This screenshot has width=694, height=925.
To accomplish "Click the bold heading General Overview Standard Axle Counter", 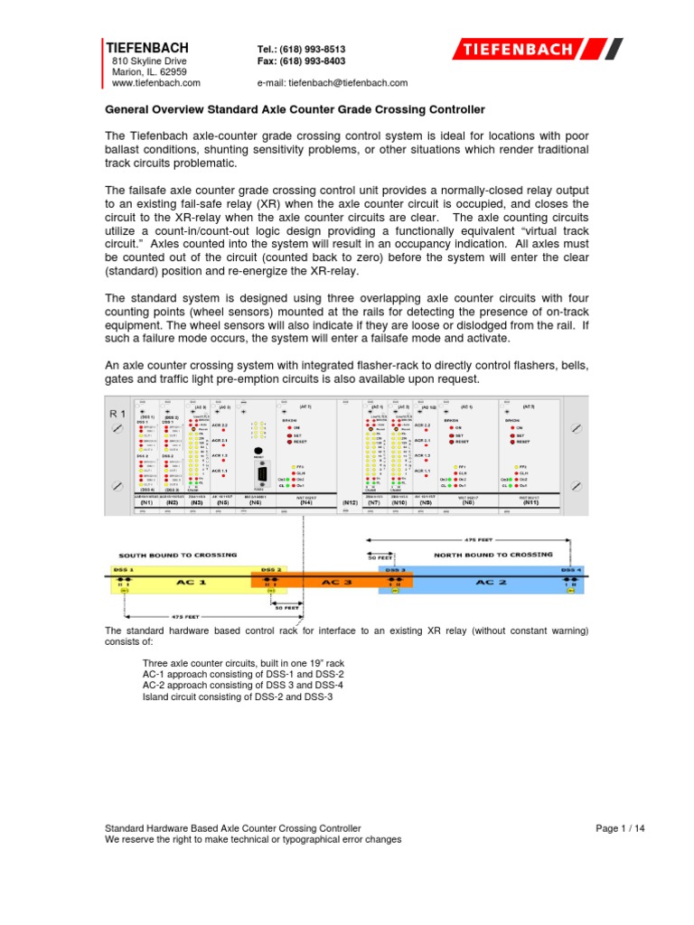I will [x=295, y=109].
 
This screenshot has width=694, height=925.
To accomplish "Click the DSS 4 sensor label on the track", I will [x=570, y=570].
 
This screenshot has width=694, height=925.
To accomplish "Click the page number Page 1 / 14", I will [x=621, y=827].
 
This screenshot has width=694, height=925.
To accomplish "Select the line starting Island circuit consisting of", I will [x=232, y=698].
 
